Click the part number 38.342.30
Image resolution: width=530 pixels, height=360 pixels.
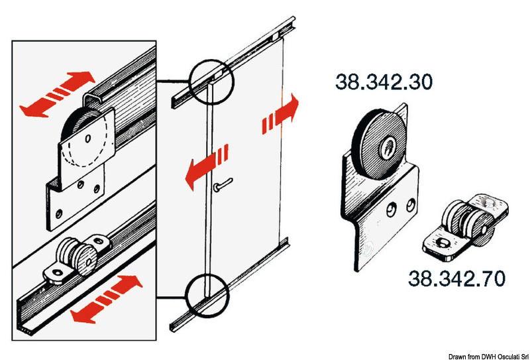(x=384, y=83)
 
